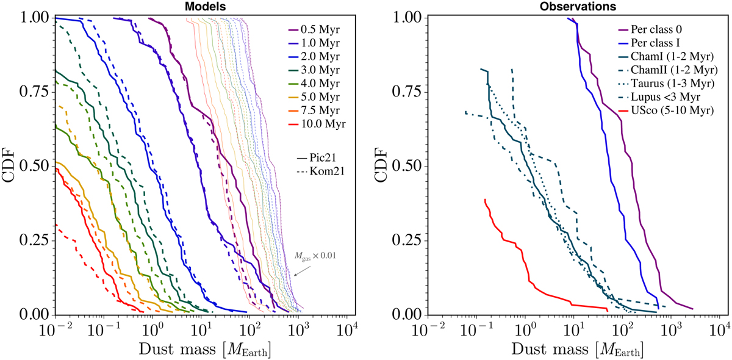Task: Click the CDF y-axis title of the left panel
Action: click(x=10, y=166)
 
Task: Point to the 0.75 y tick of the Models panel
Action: click(x=34, y=92)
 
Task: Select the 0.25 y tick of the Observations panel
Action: click(x=405, y=240)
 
